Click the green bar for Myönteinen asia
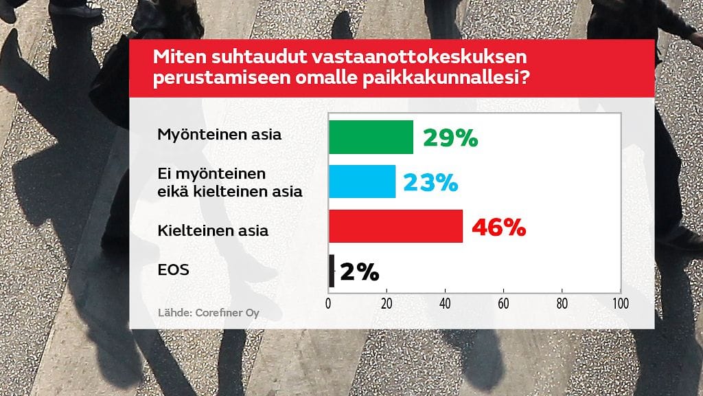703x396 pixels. tap(371, 137)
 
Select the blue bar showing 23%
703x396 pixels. tap(362, 181)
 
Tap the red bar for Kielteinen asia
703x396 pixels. tap(395, 227)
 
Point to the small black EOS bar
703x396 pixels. tap(332, 271)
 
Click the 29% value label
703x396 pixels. tap(450, 137)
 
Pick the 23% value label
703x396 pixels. tap(430, 182)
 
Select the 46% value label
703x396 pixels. tap(498, 228)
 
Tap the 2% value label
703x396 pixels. tap(359, 272)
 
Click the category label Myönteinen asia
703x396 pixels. tap(220, 134)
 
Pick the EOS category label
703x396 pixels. tap(173, 270)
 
